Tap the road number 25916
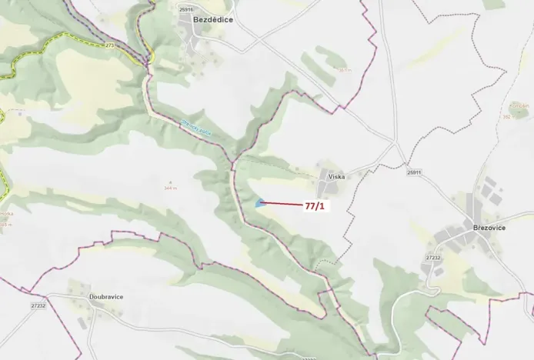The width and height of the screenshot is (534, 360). click(185, 8)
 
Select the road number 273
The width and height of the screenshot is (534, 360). click(110, 45)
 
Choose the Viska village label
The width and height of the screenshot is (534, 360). click(336, 176)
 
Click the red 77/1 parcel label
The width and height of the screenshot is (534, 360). click(315, 206)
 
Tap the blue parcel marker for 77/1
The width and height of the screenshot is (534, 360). click(260, 203)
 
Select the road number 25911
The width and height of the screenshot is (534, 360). click(415, 172)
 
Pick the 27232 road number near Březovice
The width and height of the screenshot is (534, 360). click(433, 258)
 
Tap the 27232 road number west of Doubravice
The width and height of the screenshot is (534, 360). click(38, 305)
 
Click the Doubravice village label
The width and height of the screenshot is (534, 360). click(106, 296)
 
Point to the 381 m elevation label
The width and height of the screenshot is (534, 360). click(344, 70)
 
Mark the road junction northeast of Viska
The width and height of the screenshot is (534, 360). click(394, 144)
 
